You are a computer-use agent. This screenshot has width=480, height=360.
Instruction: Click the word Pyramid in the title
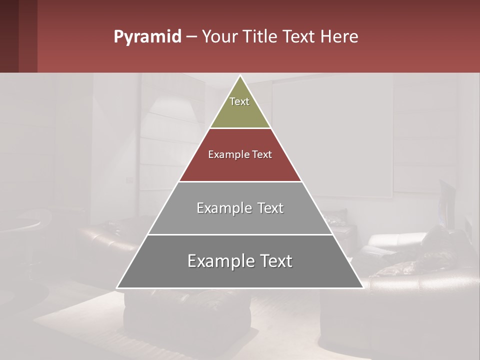(x=147, y=37)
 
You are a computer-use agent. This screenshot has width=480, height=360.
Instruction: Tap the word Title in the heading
(x=259, y=37)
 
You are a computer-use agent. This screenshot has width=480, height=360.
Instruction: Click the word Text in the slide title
(x=299, y=37)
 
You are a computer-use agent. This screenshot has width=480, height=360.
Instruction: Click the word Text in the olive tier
(x=239, y=101)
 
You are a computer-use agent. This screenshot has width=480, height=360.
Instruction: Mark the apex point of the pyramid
(x=240, y=76)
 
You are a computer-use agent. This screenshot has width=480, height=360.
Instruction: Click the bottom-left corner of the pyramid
(x=117, y=287)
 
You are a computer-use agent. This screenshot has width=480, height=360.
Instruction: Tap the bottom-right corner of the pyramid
(x=362, y=287)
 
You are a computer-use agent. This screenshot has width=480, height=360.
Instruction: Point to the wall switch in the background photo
(x=130, y=179)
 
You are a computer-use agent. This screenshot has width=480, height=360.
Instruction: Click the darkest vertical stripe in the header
(x=9, y=36)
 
